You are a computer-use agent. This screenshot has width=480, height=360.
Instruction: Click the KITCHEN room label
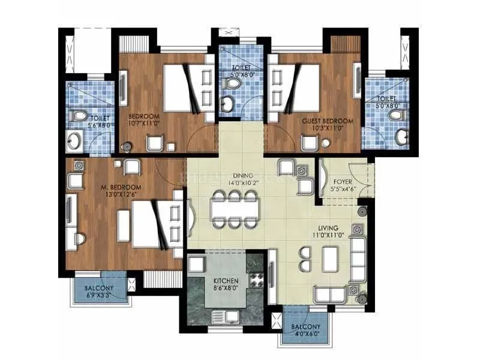226,280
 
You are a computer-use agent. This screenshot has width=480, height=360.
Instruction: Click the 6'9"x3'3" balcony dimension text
99,295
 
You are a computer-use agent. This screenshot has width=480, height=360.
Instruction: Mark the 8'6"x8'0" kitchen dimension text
226,288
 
